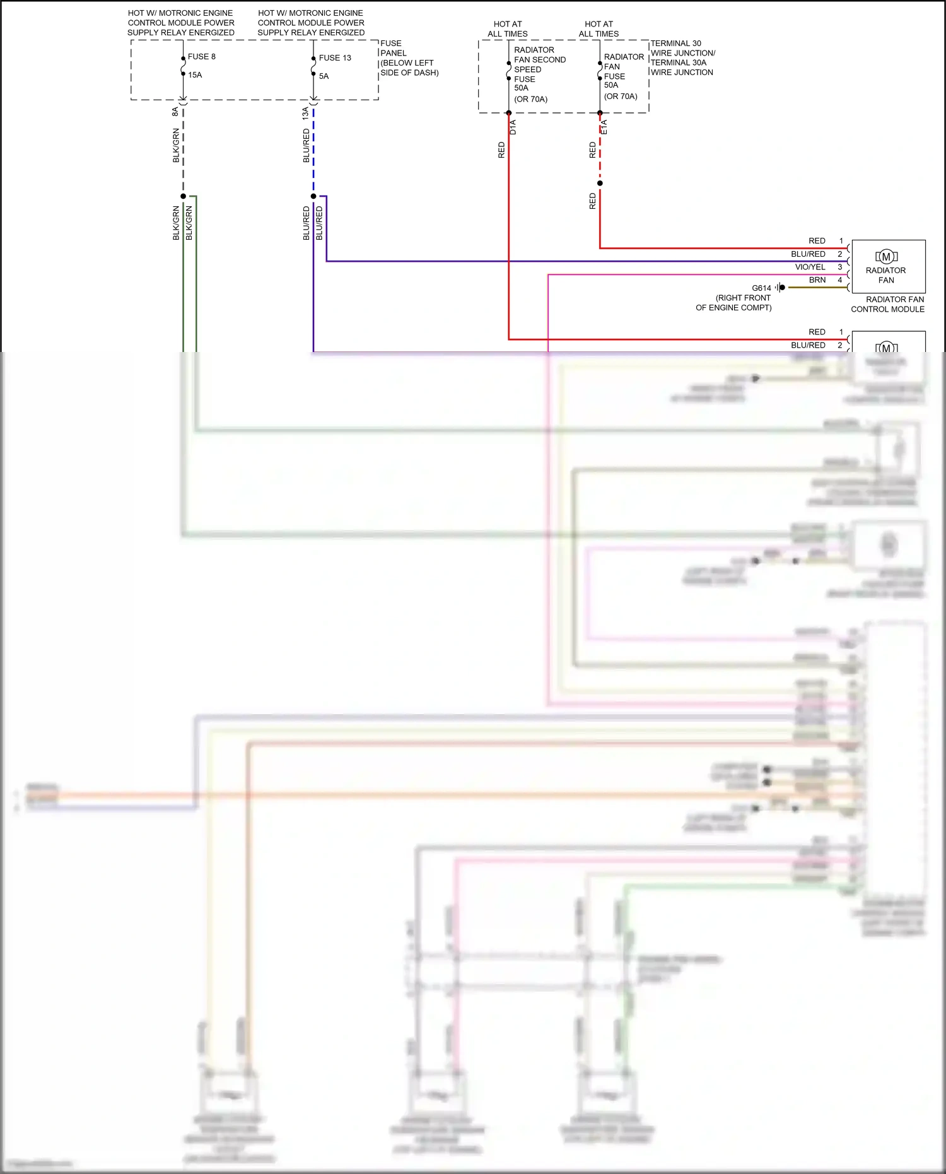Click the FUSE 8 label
[x=201, y=57]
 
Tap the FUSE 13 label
[x=335, y=58]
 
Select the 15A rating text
[x=195, y=75]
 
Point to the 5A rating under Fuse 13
[x=324, y=76]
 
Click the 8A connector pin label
[x=175, y=112]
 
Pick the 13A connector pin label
[x=305, y=114]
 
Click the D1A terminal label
[x=513, y=127]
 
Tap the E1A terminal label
[x=604, y=127]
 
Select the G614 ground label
[x=761, y=288]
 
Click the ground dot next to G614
[x=782, y=288]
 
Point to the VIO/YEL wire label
[x=810, y=267]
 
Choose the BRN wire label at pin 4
[x=817, y=280]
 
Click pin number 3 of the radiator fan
[x=840, y=267]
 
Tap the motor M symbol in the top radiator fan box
[x=886, y=257]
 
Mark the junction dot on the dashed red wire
[x=600, y=184]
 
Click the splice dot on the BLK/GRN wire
[x=184, y=196]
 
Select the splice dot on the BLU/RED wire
[x=313, y=196]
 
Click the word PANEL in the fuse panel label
[x=394, y=54]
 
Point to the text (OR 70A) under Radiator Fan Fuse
[x=621, y=97]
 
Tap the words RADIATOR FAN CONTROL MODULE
[x=888, y=305]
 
